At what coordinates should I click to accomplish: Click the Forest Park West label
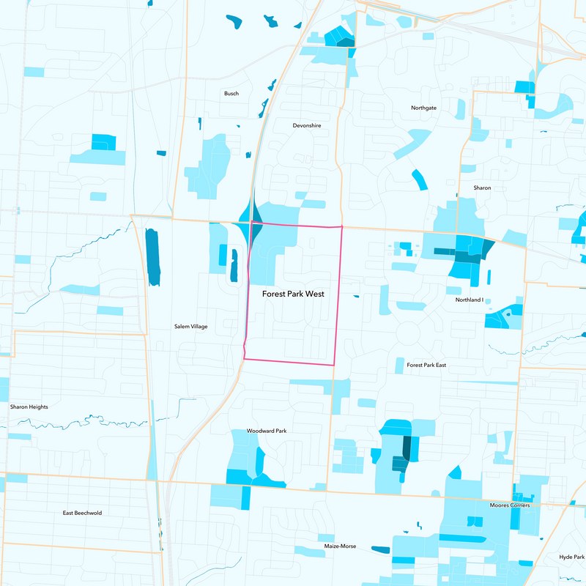pos(293,293)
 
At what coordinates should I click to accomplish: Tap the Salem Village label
pos(190,327)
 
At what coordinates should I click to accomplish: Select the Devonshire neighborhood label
pos(306,125)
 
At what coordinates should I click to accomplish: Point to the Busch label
pos(231,94)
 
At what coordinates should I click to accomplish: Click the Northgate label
pos(423,108)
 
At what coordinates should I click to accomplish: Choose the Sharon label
pos(482,188)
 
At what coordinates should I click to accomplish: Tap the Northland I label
pos(470,300)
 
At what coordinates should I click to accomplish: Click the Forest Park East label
pos(426,365)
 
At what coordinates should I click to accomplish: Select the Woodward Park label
pos(266,431)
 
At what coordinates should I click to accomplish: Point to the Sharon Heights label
pos(29,407)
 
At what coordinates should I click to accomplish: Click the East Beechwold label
pos(83,513)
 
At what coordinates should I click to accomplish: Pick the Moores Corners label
pos(510,505)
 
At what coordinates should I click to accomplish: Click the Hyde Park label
pos(571,557)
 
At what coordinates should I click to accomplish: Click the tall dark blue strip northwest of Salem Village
pos(152,256)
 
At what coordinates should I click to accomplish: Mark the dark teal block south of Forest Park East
pos(405,448)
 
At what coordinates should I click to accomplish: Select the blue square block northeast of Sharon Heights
pos(103,142)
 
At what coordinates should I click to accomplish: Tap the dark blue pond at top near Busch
pos(234,21)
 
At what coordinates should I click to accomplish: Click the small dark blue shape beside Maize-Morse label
pos(380,549)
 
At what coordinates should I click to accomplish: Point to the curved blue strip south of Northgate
pos(418,179)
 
